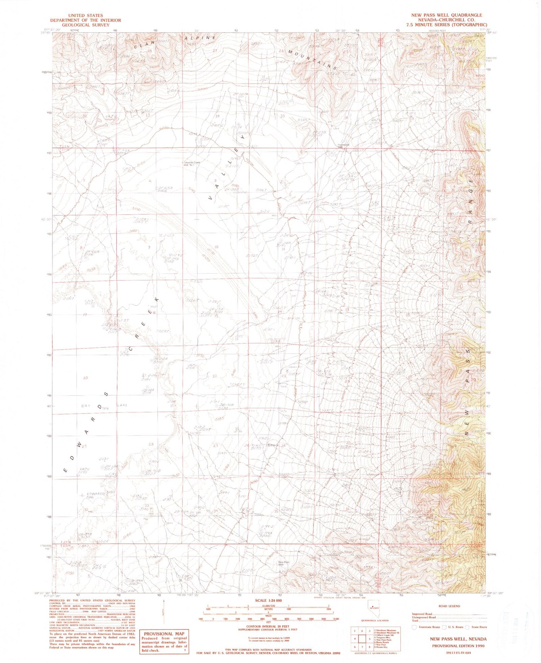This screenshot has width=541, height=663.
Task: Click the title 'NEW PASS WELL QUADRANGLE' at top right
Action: (x=447, y=15)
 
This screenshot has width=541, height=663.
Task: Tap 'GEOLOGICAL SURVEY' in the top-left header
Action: (x=85, y=25)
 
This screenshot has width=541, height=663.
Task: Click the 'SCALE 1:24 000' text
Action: (x=268, y=600)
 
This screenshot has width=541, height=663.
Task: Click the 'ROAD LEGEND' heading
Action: (x=449, y=606)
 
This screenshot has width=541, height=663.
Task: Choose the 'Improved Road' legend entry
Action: (x=422, y=614)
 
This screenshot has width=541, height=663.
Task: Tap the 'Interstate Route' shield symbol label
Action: (x=429, y=627)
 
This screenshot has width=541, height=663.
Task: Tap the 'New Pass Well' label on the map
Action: (x=284, y=563)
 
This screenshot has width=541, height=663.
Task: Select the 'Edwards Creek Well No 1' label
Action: (x=192, y=163)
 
